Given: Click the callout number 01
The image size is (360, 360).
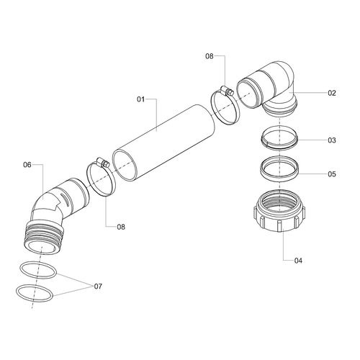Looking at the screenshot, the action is [141, 99].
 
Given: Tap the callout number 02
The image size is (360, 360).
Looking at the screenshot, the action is [332, 93].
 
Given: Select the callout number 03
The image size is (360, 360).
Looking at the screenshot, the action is [332, 140].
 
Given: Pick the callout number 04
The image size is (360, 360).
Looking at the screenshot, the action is [298, 261].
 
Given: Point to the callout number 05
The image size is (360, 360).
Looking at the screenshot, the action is [332, 174].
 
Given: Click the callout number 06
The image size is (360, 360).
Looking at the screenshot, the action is [27, 165].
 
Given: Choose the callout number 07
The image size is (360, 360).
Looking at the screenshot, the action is [98, 286].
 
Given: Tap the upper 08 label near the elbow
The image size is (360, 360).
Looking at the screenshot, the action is [210, 56].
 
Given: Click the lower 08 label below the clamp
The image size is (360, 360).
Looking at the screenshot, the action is [121, 227].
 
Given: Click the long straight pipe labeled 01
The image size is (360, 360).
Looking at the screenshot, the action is [164, 142].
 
